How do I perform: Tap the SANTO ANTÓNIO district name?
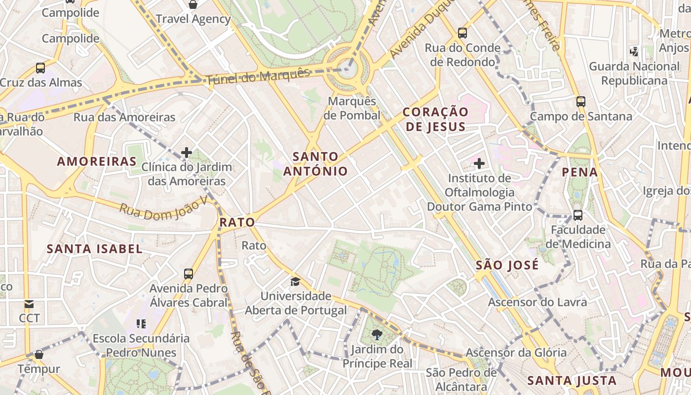coord(315,164)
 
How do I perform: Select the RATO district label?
coord(237,222)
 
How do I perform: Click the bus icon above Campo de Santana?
coord(581,102)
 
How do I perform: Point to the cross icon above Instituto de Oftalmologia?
coord(479,163)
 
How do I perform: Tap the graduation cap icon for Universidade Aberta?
coord(295,281)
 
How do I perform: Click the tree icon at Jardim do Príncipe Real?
coord(377,335)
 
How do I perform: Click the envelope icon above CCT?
coord(29,304)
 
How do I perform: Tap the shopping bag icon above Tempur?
coord(39,354)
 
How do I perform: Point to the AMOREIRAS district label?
coord(97,161)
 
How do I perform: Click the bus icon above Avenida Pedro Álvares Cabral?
coord(189,274)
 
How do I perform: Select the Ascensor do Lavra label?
coord(537,302)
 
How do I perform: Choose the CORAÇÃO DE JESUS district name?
coord(434,119)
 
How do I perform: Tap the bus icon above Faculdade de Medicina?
coord(578,215)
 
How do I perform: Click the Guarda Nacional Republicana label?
coord(634,73)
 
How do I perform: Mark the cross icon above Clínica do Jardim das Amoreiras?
coord(187,153)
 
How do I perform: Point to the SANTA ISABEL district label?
coord(94,249)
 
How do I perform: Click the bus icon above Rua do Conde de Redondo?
coord(462,33)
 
